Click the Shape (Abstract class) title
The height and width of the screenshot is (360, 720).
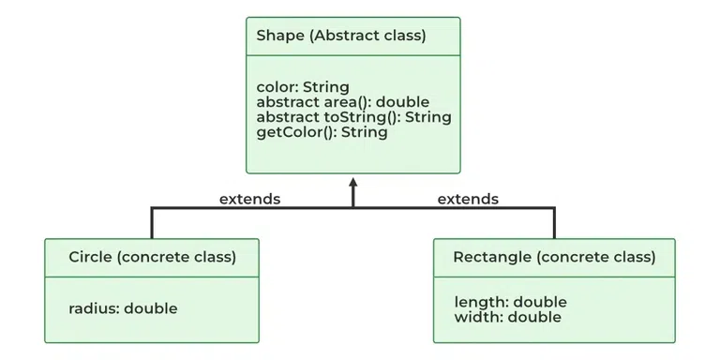click(x=340, y=37)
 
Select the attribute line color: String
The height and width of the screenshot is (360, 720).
click(x=303, y=88)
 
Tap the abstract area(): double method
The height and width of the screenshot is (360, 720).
click(x=342, y=102)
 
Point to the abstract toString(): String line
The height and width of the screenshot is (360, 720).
click(x=353, y=117)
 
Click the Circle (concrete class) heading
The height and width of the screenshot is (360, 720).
click(x=152, y=257)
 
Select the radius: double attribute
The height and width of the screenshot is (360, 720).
click(x=123, y=307)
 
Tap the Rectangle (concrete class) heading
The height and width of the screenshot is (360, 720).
click(x=554, y=257)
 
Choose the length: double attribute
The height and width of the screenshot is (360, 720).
click(x=510, y=302)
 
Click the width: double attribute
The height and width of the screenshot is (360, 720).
click(x=507, y=317)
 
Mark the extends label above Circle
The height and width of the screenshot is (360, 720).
click(x=249, y=199)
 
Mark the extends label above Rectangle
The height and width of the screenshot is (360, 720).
click(x=468, y=199)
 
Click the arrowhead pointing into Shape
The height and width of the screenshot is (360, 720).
click(x=353, y=184)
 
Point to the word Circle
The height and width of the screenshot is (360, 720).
click(x=91, y=257)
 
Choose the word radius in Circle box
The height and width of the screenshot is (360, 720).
click(x=93, y=307)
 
